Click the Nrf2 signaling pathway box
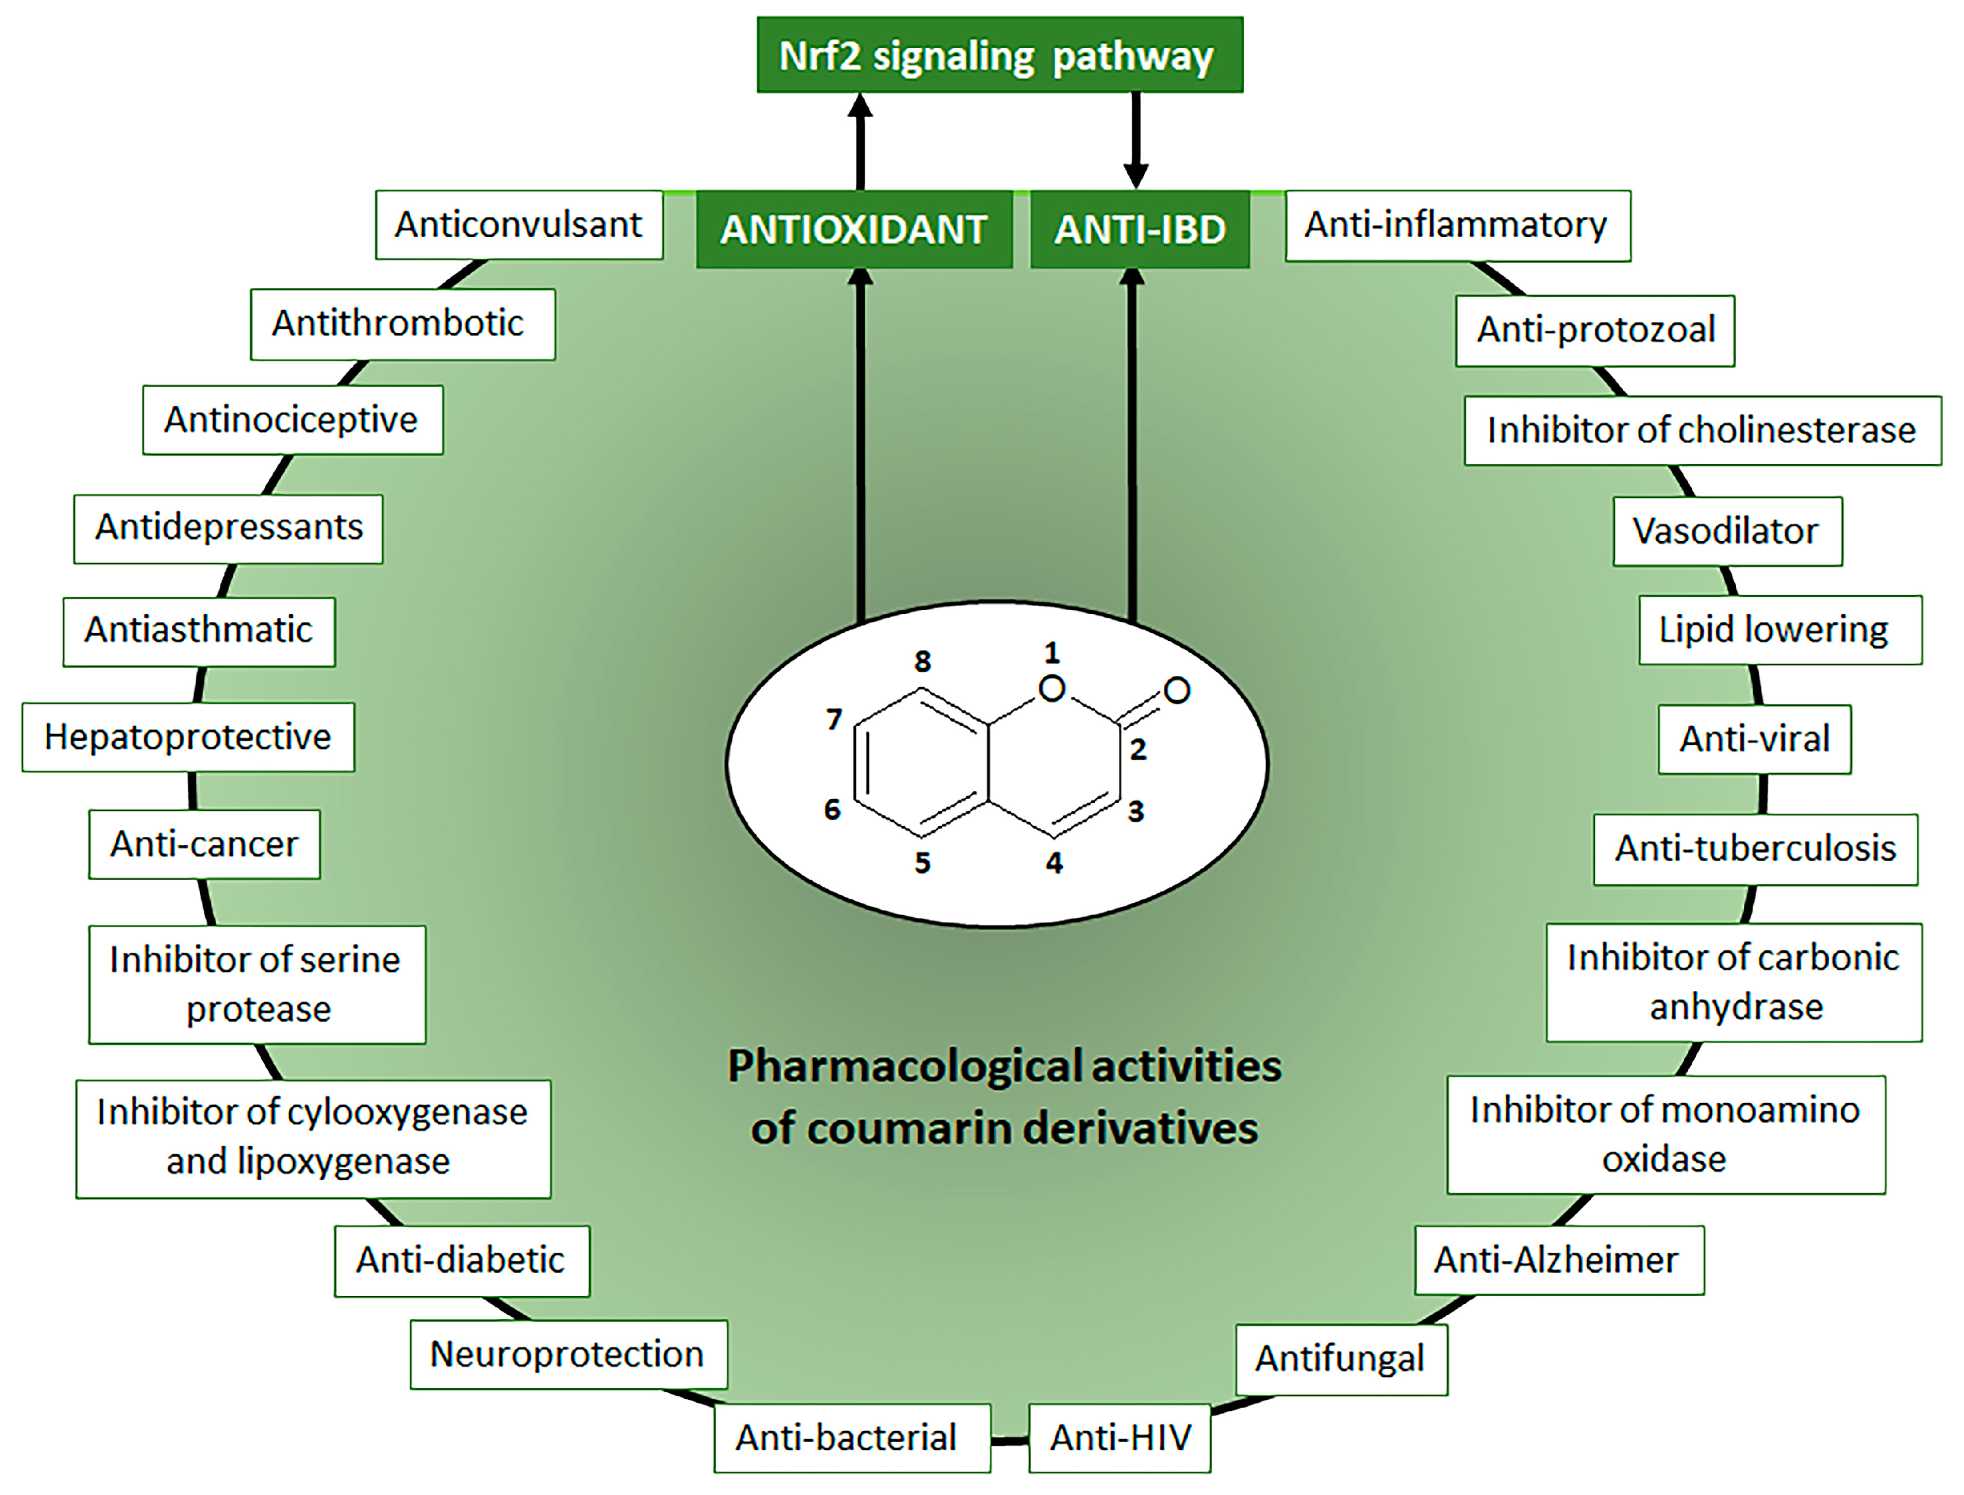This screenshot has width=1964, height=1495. tap(1000, 55)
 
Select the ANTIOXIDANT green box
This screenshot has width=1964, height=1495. tap(853, 230)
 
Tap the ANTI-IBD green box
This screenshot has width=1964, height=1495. tap(1139, 230)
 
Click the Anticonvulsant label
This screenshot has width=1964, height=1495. tap(519, 225)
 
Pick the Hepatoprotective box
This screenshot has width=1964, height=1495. tap(188, 737)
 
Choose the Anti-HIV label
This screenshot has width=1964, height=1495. tap(1119, 1437)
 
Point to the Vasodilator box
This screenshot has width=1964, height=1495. tap(1726, 531)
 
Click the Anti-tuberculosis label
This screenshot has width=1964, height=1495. tap(1755, 848)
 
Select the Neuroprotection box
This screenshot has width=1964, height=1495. tap(568, 1354)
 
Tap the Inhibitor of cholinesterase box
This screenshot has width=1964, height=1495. tap(1701, 430)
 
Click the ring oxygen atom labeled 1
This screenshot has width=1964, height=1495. tap(1052, 688)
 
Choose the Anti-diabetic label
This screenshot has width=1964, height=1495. tap(461, 1260)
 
